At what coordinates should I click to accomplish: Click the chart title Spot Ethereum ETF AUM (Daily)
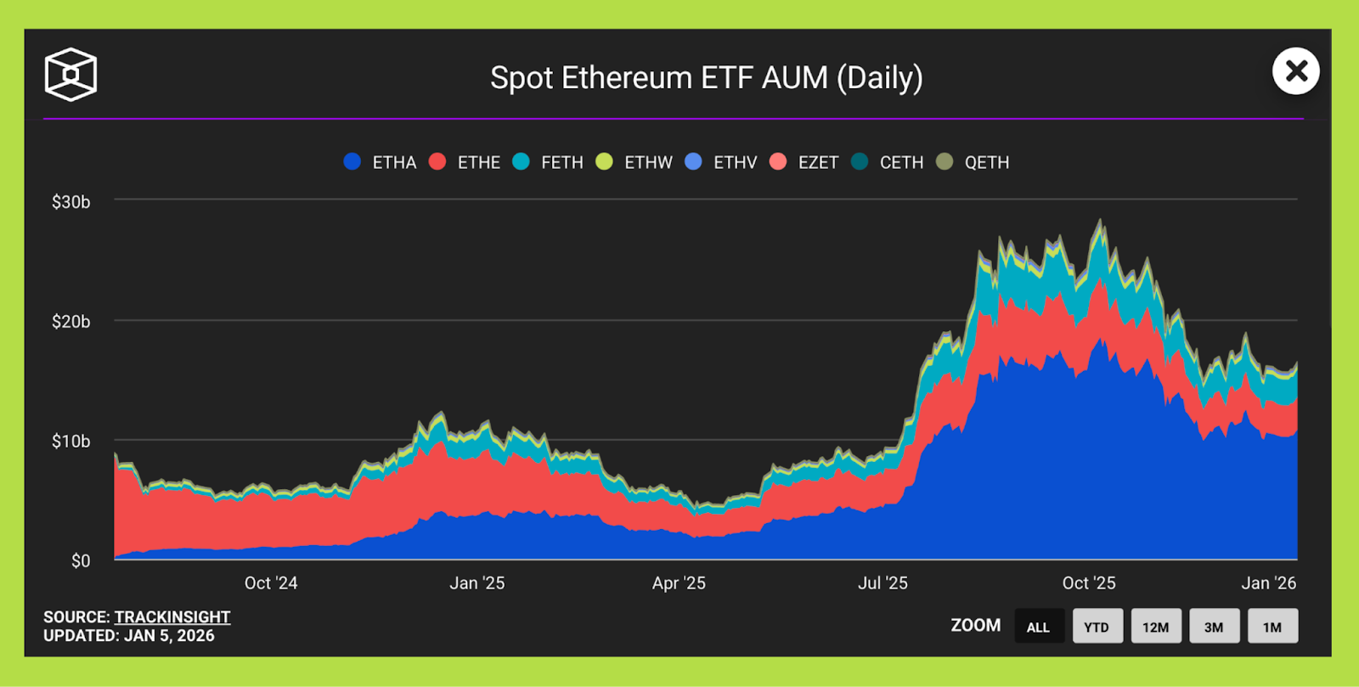coord(706,78)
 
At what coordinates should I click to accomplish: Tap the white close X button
coord(1295,71)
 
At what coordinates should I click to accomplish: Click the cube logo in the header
coord(70,75)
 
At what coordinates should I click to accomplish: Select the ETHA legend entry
coord(381,162)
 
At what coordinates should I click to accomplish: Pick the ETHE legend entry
coord(465,162)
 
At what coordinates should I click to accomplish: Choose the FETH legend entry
coord(549,162)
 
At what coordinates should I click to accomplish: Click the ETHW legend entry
coord(634,162)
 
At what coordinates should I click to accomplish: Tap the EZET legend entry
coord(804,162)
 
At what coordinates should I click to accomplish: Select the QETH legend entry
coord(973,162)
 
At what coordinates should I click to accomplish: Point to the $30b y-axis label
coord(70,202)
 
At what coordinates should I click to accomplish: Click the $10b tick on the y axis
coord(70,442)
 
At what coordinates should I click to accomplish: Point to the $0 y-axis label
coord(80,561)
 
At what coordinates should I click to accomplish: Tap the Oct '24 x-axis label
coord(271,583)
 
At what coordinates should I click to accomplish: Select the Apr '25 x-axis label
coord(679,583)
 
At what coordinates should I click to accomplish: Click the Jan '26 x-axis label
coord(1268,583)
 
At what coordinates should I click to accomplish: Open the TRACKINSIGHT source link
coord(172,617)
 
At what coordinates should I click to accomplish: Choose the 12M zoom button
coord(1155,627)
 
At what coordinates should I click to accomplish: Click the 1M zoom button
coord(1272,627)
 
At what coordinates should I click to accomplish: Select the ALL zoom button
coord(1038,627)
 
